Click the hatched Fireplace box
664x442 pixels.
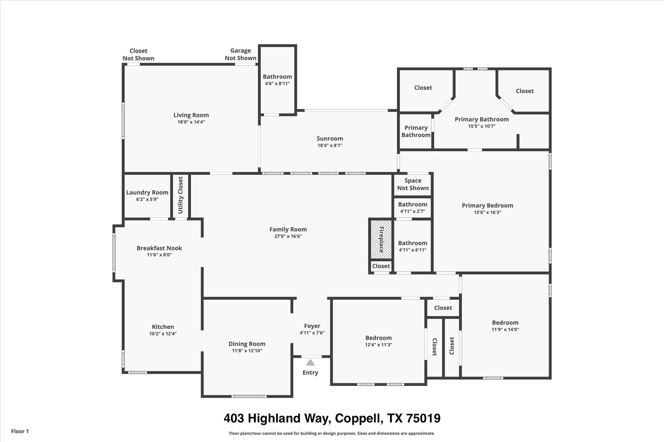381,240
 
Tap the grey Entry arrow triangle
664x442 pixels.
310,362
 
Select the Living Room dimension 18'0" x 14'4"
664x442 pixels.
191,122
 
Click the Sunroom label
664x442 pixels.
330,139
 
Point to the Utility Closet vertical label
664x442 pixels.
181,195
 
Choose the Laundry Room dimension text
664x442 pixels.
147,199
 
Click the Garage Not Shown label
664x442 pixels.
241,54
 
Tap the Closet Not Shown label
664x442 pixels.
138,54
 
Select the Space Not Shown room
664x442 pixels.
413,184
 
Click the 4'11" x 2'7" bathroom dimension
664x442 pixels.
412,211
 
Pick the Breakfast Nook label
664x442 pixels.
159,248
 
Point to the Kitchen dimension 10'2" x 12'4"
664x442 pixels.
163,334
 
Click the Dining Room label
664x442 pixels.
247,344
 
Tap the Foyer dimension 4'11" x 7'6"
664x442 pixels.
312,333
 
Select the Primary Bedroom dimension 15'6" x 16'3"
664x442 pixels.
487,212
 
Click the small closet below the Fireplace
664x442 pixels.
381,266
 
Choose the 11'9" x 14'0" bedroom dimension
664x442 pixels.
505,330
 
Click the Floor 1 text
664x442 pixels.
20,431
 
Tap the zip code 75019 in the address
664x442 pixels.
423,418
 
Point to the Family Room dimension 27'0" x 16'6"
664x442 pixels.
288,236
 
